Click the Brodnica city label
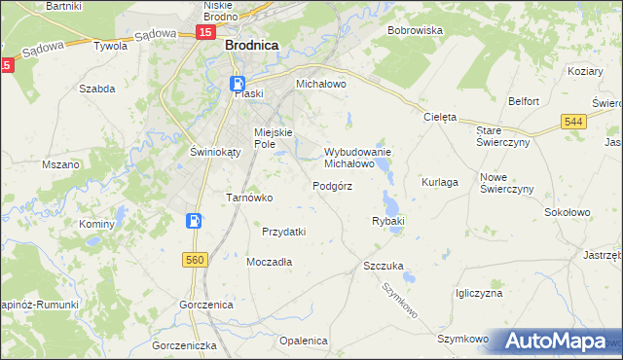click(251, 45)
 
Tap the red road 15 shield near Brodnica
click(204, 33)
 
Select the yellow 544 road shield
click(573, 121)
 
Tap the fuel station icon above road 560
click(195, 221)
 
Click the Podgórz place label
click(332, 186)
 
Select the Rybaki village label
click(387, 222)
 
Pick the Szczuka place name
click(383, 265)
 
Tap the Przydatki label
click(284, 232)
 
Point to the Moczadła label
click(270, 262)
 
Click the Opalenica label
click(302, 341)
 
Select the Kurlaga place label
click(440, 182)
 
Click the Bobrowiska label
click(415, 30)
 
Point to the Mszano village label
click(60, 165)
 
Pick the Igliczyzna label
click(478, 293)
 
